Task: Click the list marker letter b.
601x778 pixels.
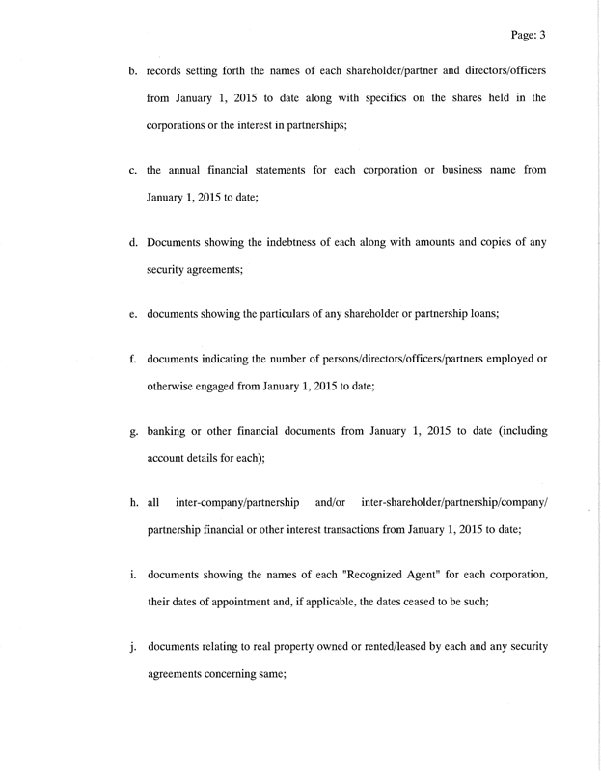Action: pyautogui.click(x=133, y=72)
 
